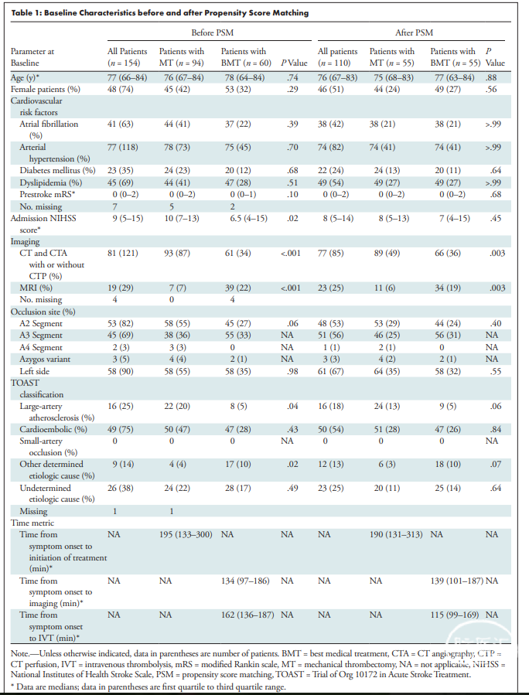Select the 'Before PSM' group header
point(213,32)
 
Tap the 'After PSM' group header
point(415,32)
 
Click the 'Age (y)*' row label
point(26,77)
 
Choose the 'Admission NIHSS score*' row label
point(38,224)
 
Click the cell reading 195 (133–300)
point(186,534)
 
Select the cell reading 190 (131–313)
point(396,534)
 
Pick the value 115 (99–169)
point(455,615)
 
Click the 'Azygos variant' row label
point(45,359)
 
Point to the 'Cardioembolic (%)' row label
point(53,429)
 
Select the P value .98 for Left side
point(292,371)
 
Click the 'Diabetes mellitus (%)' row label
point(57,170)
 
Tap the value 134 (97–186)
point(245,581)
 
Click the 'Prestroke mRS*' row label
point(47,194)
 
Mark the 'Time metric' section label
point(32,523)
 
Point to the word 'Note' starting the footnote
point(19,653)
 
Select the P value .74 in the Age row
point(292,77)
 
